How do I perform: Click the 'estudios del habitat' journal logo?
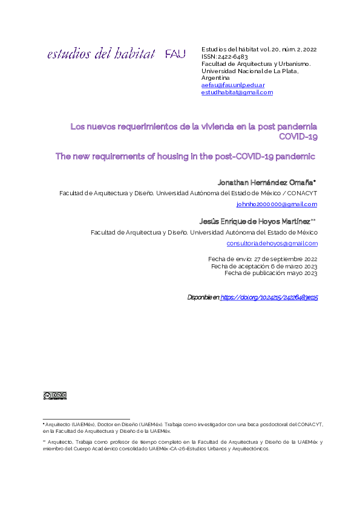(x=101, y=54)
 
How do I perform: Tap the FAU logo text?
(x=175, y=55)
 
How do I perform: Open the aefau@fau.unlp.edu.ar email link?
(x=233, y=85)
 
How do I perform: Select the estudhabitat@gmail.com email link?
(x=237, y=92)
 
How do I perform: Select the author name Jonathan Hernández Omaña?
(x=266, y=182)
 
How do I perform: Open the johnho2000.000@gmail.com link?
(x=277, y=204)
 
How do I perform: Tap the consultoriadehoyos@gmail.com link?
(x=272, y=243)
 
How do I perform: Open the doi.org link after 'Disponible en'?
(x=269, y=297)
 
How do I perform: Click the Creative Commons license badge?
(x=54, y=396)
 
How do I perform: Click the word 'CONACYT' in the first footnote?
(x=310, y=426)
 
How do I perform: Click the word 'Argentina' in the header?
(x=215, y=78)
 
